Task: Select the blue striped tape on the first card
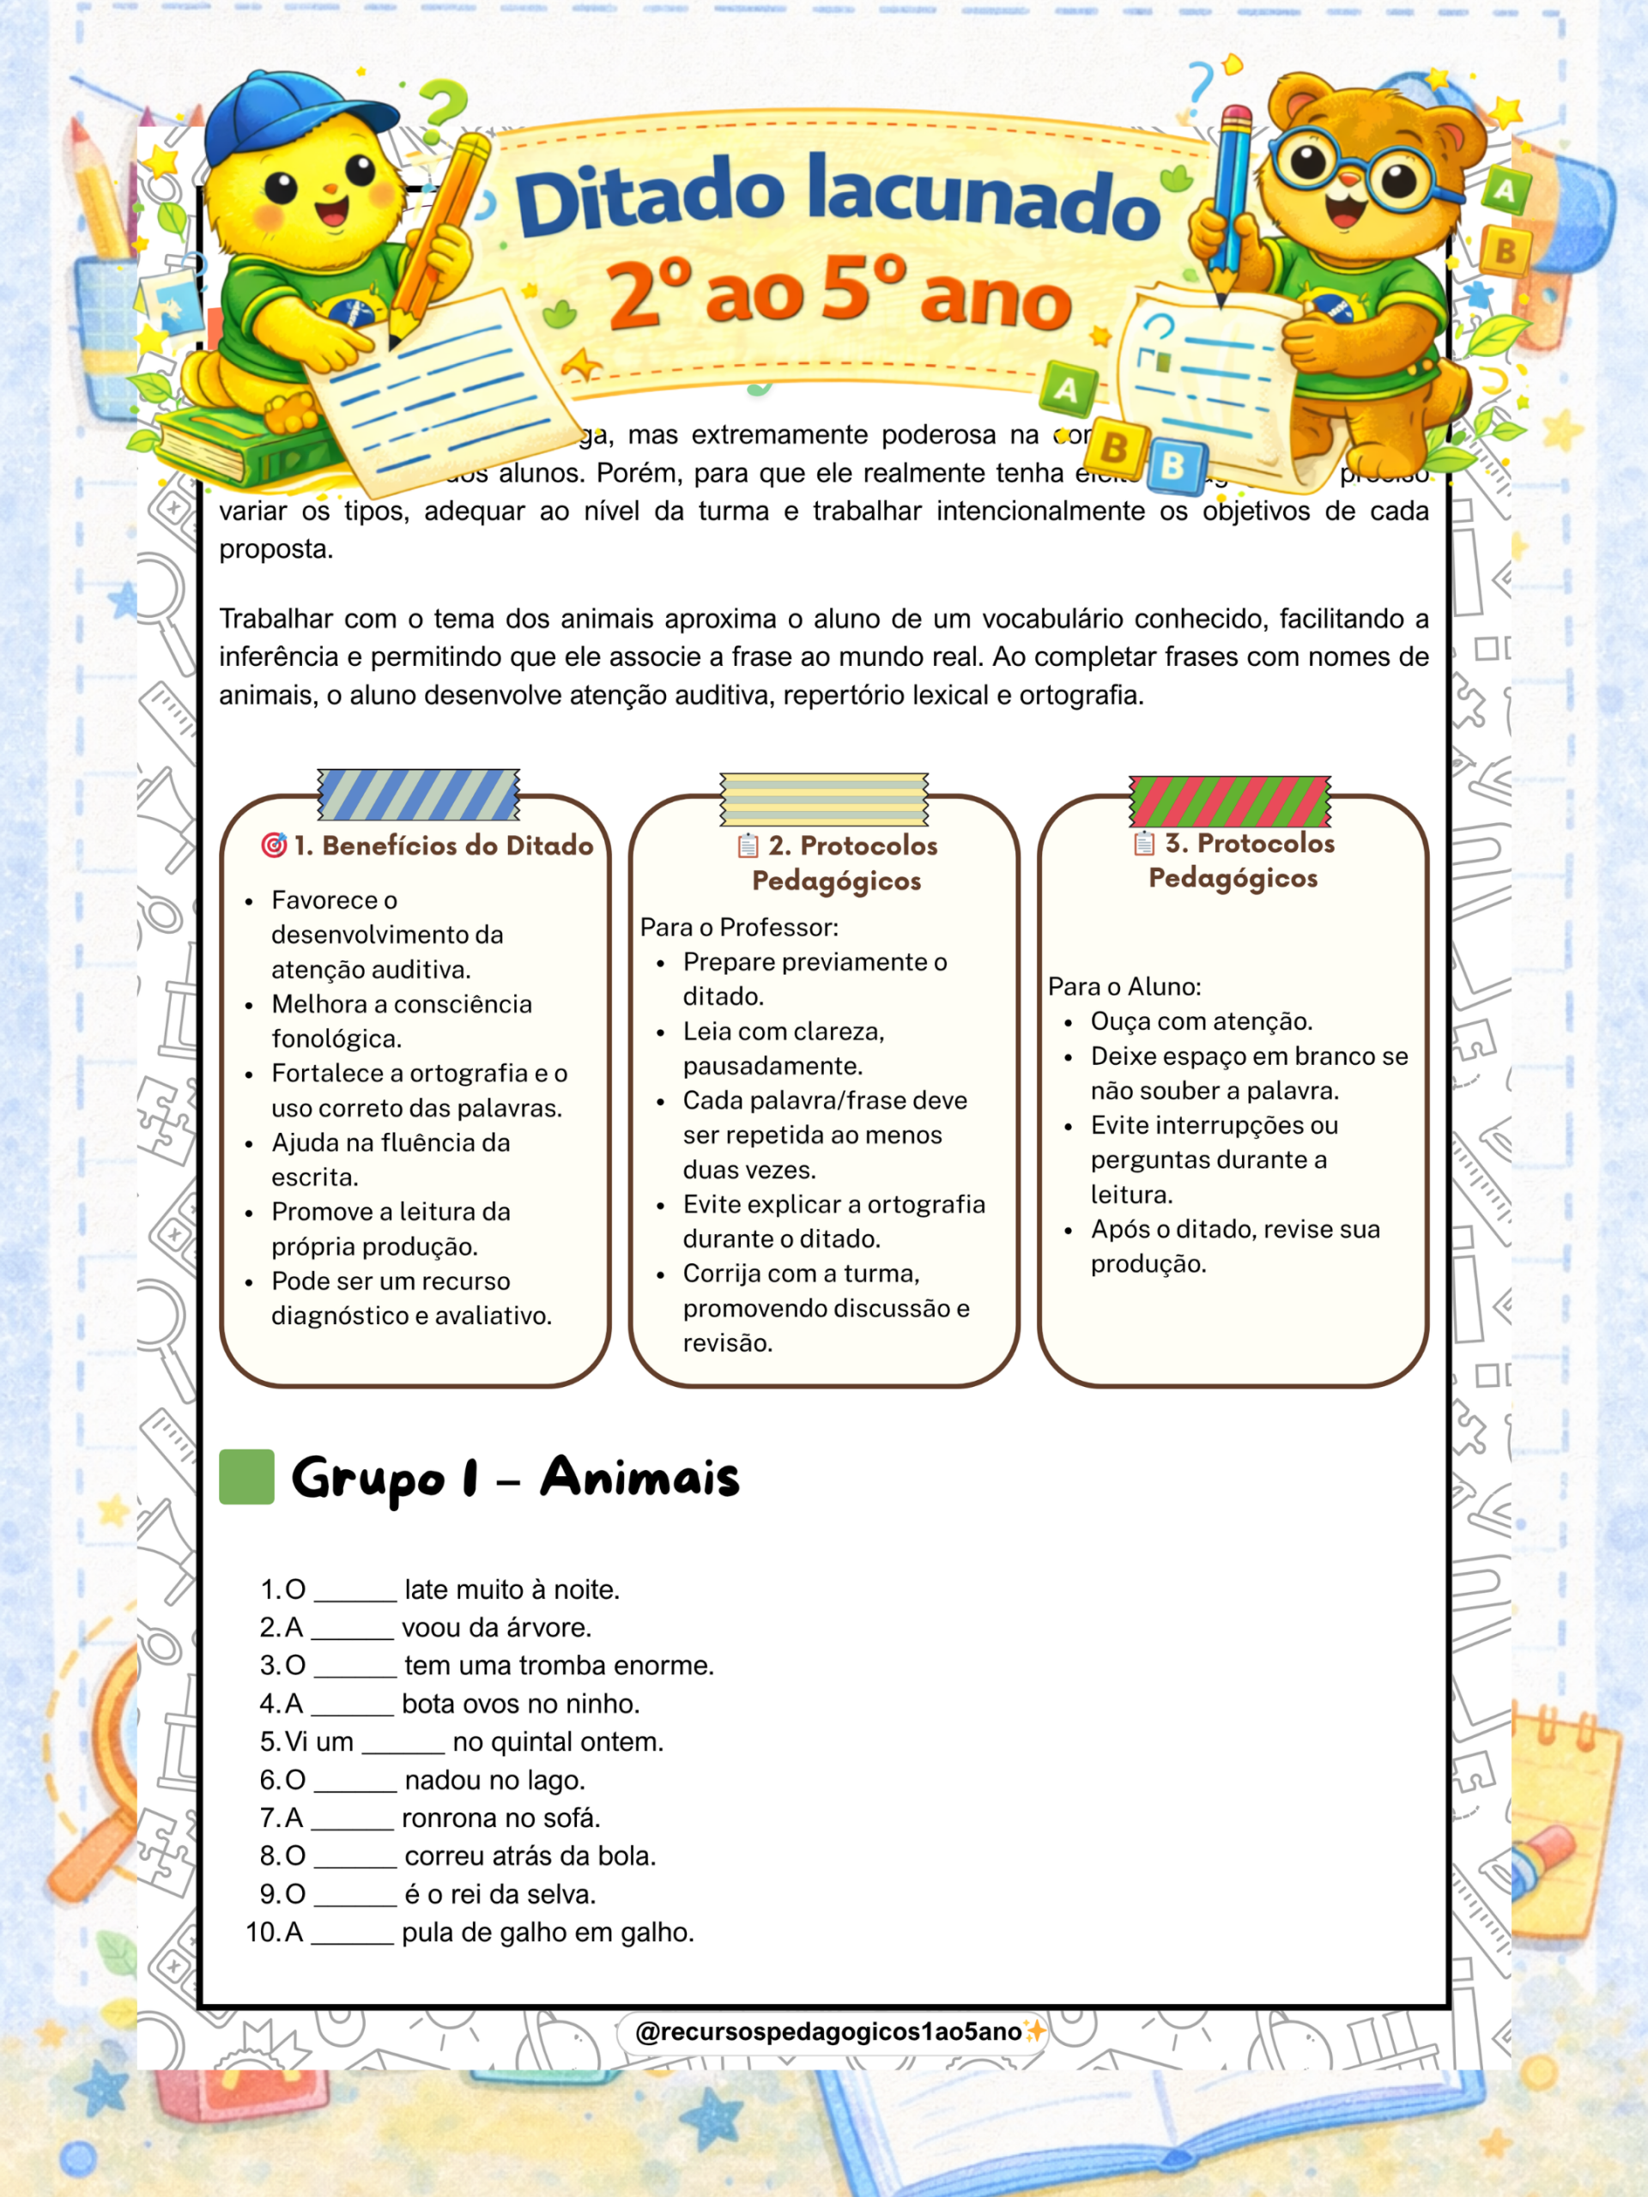(418, 795)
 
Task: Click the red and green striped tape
(1230, 802)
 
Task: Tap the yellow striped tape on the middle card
(823, 798)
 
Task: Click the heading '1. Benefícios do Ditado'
(443, 845)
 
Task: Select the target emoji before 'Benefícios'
(273, 845)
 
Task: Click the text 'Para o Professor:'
(739, 927)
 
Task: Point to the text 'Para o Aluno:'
(1124, 986)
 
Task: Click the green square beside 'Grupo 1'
(246, 1477)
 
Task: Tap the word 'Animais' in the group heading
(639, 1477)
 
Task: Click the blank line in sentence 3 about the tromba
(355, 1667)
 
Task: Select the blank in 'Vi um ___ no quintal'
(403, 1744)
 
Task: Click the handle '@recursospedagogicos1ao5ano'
(827, 2031)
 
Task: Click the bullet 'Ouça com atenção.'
(1201, 1021)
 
